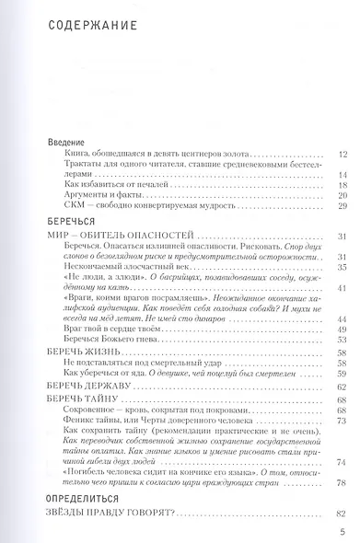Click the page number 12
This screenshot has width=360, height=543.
pyautogui.click(x=342, y=155)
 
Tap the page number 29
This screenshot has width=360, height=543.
pyautogui.click(x=342, y=207)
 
